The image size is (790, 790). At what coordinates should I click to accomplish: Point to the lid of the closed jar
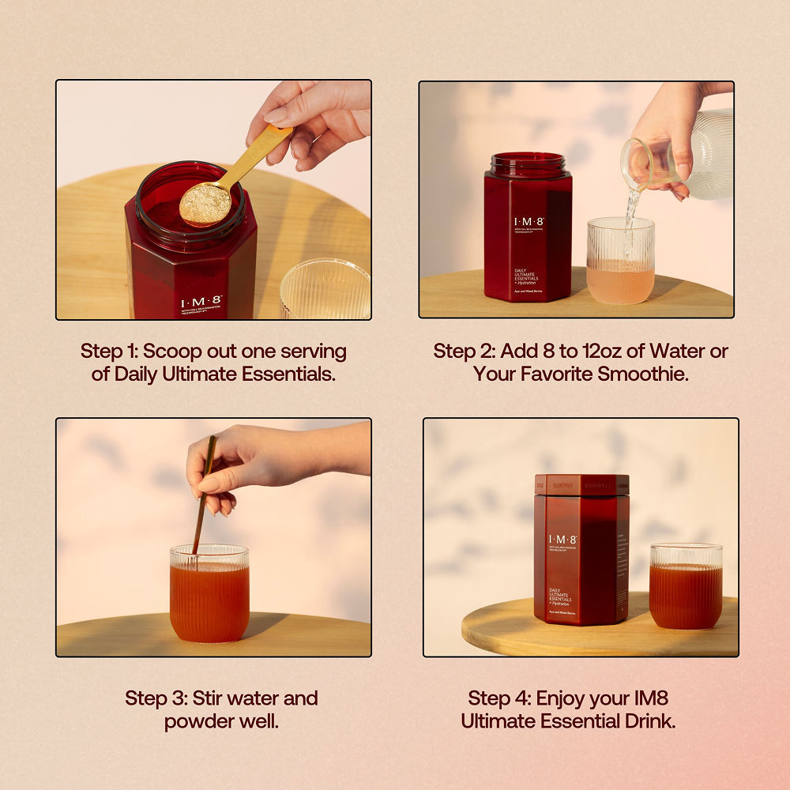pyautogui.click(x=581, y=484)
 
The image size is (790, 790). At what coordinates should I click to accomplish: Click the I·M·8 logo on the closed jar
pyautogui.click(x=562, y=540)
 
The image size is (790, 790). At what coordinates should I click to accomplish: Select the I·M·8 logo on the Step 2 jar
pyautogui.click(x=529, y=223)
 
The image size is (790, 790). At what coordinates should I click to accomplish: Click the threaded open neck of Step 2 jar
pyautogui.click(x=529, y=164)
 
